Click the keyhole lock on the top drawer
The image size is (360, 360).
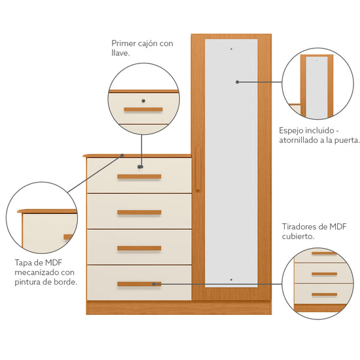140,167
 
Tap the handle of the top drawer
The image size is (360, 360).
139,177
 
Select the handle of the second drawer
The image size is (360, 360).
139,212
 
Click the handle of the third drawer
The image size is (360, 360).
139,248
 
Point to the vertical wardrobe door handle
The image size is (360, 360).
198,169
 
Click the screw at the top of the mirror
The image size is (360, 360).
231,49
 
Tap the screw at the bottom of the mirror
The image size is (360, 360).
231,279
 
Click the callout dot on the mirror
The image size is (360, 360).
238,82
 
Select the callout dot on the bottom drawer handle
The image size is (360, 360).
154,284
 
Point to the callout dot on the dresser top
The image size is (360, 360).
122,155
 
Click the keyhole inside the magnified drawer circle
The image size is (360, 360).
143,101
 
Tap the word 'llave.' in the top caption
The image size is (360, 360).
121,53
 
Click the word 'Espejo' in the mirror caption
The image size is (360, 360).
291,131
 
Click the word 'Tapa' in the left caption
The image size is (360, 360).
22,263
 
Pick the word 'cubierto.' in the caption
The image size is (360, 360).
298,236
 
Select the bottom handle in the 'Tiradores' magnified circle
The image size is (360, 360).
324,295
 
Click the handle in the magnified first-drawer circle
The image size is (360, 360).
143,109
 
